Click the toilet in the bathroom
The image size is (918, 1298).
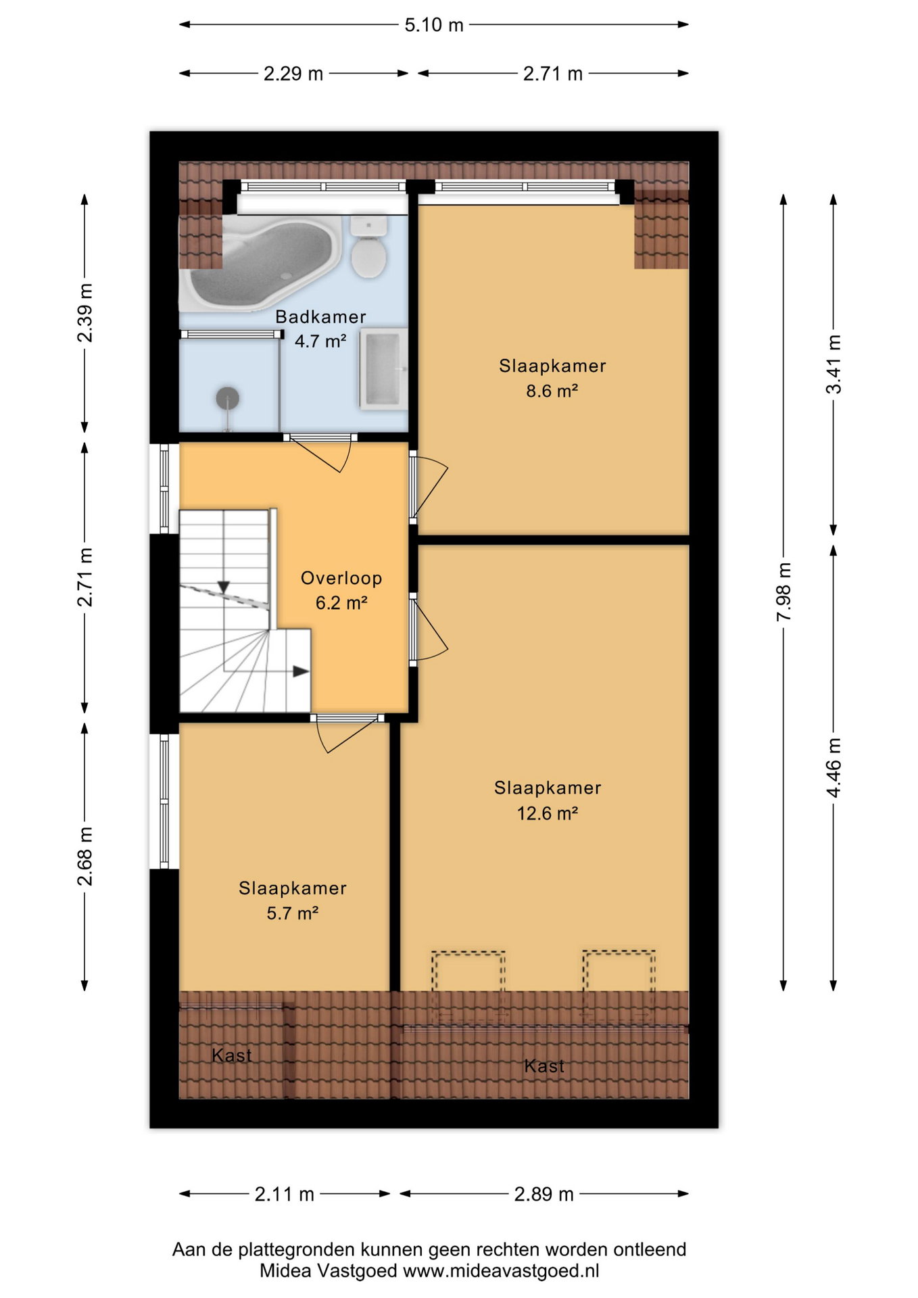pos(368,247)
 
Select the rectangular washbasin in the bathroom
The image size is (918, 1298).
pos(383,369)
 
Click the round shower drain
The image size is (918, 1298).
pos(228,398)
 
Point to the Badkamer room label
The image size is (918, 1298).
pos(320,316)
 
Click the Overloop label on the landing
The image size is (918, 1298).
pos(341,578)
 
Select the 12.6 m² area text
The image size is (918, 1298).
pos(548,813)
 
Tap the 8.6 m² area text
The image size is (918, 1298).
pos(552,391)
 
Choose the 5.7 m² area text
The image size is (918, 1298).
pos(293,913)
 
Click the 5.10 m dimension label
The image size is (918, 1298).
pos(434,25)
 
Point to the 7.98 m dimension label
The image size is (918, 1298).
pos(783,592)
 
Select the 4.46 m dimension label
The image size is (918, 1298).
pos(834,768)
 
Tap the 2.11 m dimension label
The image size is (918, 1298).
pos(285,1195)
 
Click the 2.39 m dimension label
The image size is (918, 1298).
pos(85,313)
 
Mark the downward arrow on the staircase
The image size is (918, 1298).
pos(224,587)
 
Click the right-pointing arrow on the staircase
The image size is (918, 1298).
pos(301,671)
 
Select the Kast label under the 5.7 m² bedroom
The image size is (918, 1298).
pos(232,1055)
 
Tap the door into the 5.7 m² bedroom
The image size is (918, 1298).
pos(347,733)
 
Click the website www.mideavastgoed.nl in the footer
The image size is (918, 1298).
pos(501,1271)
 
